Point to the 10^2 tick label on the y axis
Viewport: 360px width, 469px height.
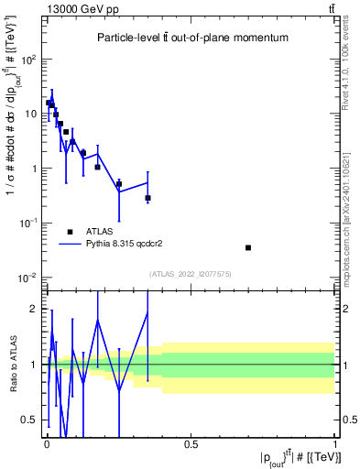coord(27,60)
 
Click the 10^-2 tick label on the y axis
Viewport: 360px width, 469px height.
coord(27,278)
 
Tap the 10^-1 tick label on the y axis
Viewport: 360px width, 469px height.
coord(27,224)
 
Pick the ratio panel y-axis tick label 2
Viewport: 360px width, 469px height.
coord(32,309)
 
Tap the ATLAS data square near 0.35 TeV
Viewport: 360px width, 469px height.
coord(147,198)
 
